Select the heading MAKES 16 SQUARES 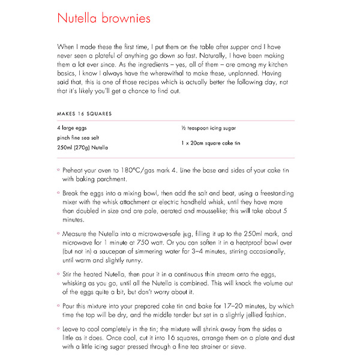84,113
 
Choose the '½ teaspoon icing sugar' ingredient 208,128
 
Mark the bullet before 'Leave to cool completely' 58,329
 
